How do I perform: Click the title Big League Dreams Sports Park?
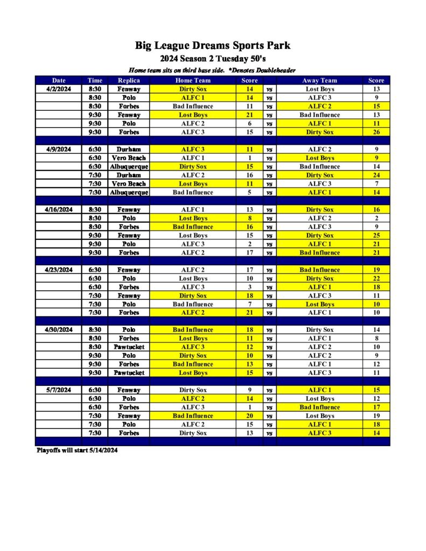click(x=213, y=45)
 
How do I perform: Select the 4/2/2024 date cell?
click(x=58, y=89)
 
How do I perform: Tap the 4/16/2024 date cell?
click(x=58, y=210)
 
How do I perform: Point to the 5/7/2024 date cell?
click(x=58, y=390)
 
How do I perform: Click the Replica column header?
click(x=129, y=81)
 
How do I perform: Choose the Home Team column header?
click(x=193, y=81)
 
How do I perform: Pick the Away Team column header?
click(x=319, y=81)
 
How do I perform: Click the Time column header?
click(x=95, y=81)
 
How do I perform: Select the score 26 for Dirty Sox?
click(x=376, y=132)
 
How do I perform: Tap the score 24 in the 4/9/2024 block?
click(x=376, y=175)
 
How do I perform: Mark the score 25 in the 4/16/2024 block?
click(x=376, y=236)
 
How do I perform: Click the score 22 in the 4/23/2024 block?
click(x=376, y=279)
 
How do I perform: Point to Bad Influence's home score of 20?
click(x=250, y=416)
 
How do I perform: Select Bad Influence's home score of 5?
click(x=250, y=193)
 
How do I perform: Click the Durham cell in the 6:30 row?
click(x=129, y=150)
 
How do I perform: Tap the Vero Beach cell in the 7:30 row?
click(x=129, y=184)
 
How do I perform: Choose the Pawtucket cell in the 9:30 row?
click(x=129, y=373)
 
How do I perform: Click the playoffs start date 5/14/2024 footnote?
click(x=77, y=450)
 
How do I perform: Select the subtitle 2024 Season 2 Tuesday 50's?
click(x=213, y=58)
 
